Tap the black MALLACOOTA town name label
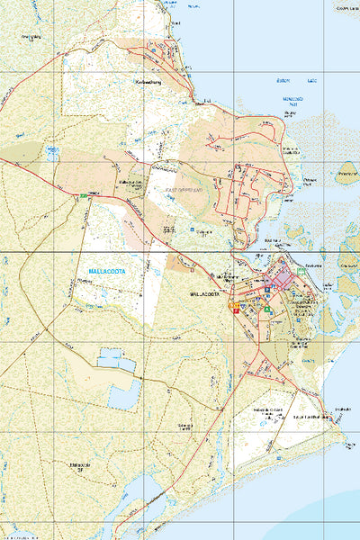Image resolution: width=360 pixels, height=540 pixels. tap(206, 294)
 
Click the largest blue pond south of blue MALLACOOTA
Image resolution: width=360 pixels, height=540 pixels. tap(123, 393)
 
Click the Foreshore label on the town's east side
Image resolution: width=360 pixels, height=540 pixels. tap(313, 266)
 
